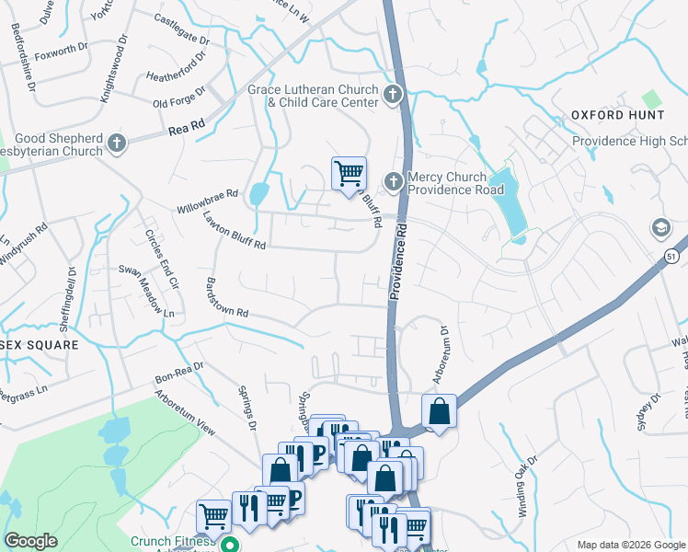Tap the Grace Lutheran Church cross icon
[393, 94]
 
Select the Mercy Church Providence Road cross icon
[394, 181]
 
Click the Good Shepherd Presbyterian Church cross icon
[117, 143]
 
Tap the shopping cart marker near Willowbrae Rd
[349, 173]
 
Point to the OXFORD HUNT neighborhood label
[617, 115]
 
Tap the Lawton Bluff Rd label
[235, 232]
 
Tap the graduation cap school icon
[659, 227]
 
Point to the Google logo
[31, 540]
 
